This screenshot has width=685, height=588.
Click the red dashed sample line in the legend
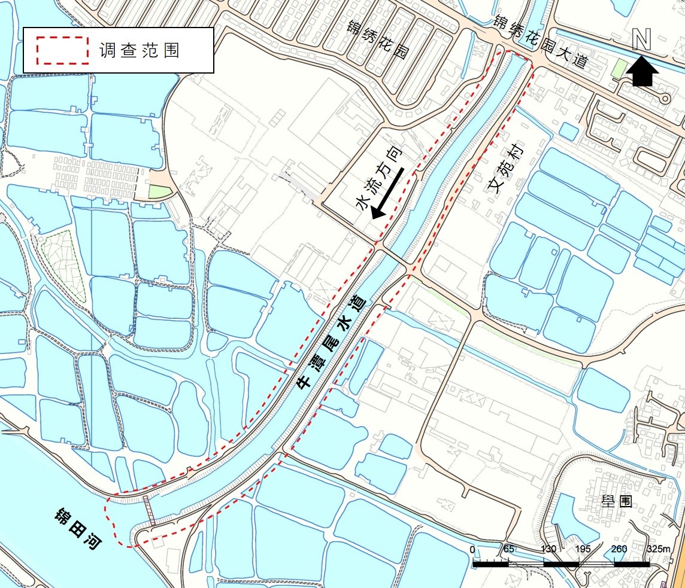[x=62, y=50]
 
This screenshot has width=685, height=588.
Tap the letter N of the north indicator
[x=642, y=40]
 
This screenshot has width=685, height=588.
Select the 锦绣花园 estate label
[x=378, y=39]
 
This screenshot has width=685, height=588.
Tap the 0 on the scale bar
[x=473, y=550]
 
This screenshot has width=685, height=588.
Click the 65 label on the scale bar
[x=509, y=550]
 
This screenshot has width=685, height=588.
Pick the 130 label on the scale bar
[x=548, y=550]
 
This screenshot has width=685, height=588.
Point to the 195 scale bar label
[x=584, y=550]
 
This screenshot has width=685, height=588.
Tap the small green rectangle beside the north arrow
[x=617, y=69]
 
